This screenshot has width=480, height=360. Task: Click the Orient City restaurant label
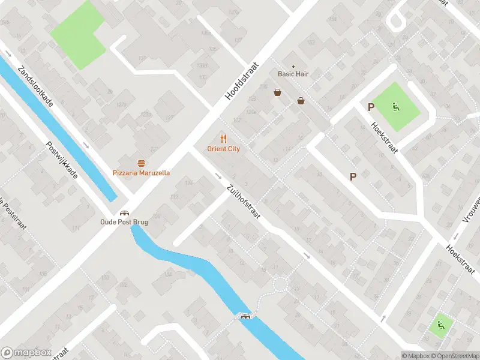click(x=224, y=149)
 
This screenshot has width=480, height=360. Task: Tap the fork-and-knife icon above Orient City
click(x=224, y=139)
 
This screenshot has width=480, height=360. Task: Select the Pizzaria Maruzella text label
click(x=141, y=173)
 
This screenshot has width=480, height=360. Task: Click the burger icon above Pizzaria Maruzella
click(x=141, y=163)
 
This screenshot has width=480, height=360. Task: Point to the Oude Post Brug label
click(x=124, y=222)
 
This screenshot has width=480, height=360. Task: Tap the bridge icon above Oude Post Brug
click(x=124, y=212)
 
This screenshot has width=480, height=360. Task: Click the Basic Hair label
click(x=293, y=74)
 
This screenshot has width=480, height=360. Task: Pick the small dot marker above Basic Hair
click(x=293, y=67)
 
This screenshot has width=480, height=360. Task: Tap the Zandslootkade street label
click(x=37, y=86)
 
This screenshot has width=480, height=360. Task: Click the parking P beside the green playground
click(x=371, y=107)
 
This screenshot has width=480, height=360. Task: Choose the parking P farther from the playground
click(x=353, y=176)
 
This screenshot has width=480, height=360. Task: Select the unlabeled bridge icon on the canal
click(x=245, y=316)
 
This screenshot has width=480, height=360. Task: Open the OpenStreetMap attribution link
click(x=454, y=355)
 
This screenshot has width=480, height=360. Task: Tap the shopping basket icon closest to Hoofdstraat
click(x=277, y=92)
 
